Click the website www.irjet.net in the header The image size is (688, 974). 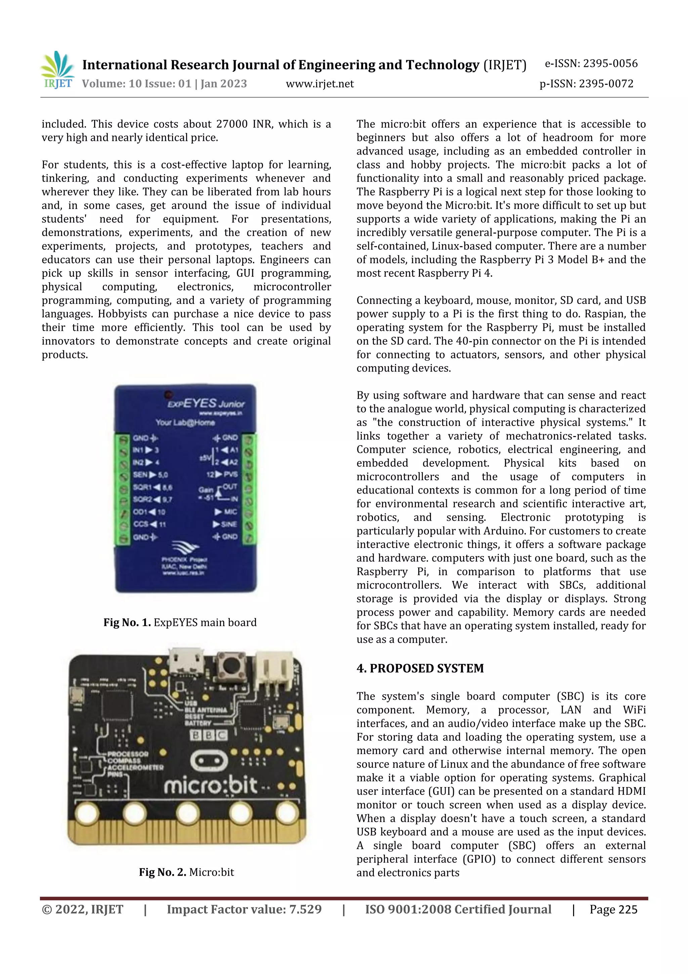(x=319, y=84)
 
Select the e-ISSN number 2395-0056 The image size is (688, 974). (x=610, y=64)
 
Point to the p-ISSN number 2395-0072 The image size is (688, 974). (x=606, y=84)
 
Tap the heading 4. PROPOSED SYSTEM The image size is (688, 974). (x=420, y=669)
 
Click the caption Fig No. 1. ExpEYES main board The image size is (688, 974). (x=180, y=622)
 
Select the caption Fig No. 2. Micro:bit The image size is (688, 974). (x=186, y=872)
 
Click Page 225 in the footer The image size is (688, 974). (x=613, y=909)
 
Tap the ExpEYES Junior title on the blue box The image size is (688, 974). (x=206, y=403)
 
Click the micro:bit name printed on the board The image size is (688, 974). (x=210, y=786)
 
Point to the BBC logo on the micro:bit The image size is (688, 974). (x=209, y=735)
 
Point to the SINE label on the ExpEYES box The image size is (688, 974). (x=229, y=524)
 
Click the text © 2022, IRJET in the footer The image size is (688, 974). (x=82, y=909)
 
